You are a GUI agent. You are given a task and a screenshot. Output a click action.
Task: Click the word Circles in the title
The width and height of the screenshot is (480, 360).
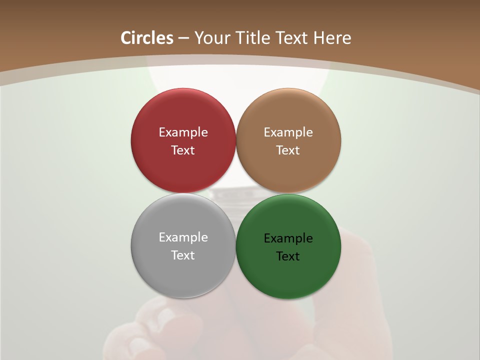pyautogui.click(x=147, y=38)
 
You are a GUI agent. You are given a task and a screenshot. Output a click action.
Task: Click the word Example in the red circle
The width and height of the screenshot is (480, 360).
pyautogui.click(x=183, y=132)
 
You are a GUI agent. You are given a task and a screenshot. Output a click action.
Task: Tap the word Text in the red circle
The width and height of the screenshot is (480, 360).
pyautogui.click(x=183, y=150)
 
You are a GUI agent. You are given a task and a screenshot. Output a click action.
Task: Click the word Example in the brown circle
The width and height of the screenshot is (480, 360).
pyautogui.click(x=288, y=132)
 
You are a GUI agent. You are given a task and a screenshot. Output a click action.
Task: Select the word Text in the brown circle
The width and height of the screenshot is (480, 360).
pyautogui.click(x=288, y=150)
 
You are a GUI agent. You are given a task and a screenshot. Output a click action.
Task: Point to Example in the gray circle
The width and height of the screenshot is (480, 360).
pyautogui.click(x=183, y=237)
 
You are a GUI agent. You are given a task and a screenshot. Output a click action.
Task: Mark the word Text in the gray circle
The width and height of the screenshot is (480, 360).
pyautogui.click(x=183, y=255)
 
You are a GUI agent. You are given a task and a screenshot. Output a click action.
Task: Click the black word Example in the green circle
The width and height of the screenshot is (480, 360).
pyautogui.click(x=288, y=238)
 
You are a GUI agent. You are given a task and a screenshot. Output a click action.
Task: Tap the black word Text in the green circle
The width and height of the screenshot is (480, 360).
pyautogui.click(x=288, y=256)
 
